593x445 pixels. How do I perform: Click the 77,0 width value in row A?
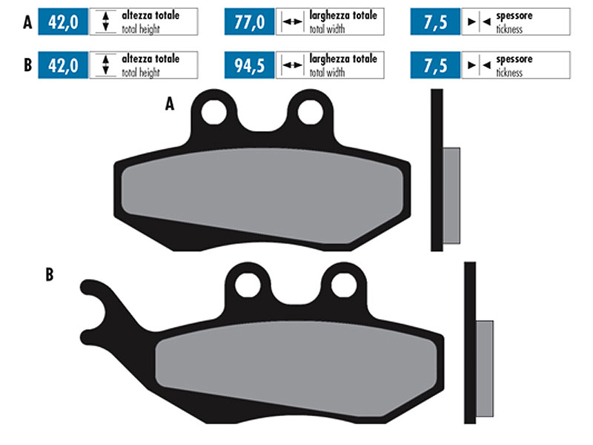pyautogui.click(x=249, y=22)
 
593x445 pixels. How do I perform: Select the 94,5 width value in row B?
pyautogui.click(x=249, y=65)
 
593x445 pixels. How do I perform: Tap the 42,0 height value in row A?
pyautogui.click(x=63, y=22)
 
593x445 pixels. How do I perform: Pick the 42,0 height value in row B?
pyautogui.click(x=63, y=65)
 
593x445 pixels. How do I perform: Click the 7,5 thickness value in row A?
pyautogui.click(x=435, y=22)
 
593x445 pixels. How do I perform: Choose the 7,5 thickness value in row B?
pyautogui.click(x=435, y=65)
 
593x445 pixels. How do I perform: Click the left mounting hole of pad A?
pyautogui.click(x=214, y=113)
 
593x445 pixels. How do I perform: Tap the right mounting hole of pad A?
pyautogui.click(x=311, y=113)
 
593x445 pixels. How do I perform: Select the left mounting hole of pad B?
pyautogui.click(x=248, y=285)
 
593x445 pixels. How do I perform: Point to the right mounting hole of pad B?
pyautogui.click(x=344, y=285)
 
